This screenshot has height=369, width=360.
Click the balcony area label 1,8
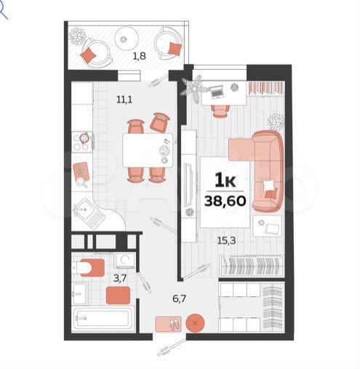pyautogui.click(x=139, y=56)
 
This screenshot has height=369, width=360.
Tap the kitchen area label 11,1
pyautogui.click(x=124, y=100)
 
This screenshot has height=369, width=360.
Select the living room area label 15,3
pyautogui.click(x=227, y=241)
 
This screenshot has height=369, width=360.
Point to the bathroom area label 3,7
pyautogui.click(x=120, y=278)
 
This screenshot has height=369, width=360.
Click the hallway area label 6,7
pyautogui.click(x=179, y=298)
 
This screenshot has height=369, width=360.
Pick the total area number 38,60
pyautogui.click(x=225, y=201)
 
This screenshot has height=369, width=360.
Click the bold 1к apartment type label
pyautogui.click(x=225, y=180)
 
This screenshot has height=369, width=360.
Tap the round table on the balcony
pyautogui.click(x=127, y=39)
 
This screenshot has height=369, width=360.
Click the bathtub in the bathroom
pyautogui.click(x=103, y=318)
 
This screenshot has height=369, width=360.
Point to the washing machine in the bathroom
pyautogui.click(x=125, y=260)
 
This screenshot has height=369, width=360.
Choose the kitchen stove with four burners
pyautogui.click(x=82, y=142)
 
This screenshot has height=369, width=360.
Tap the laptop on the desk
pyautogui.click(x=217, y=92)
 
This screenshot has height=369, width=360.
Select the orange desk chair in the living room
pyautogui.click(x=220, y=111)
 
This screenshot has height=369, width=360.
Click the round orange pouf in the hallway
pyautogui.click(x=195, y=323)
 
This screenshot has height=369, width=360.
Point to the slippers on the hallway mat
pyautogui.click(x=175, y=324)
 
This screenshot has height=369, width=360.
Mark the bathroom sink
pyautogui.click(x=80, y=293)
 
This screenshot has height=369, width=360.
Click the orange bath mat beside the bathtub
pyautogui.click(x=118, y=295)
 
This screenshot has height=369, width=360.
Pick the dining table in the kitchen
pyautogui.click(x=148, y=150)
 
